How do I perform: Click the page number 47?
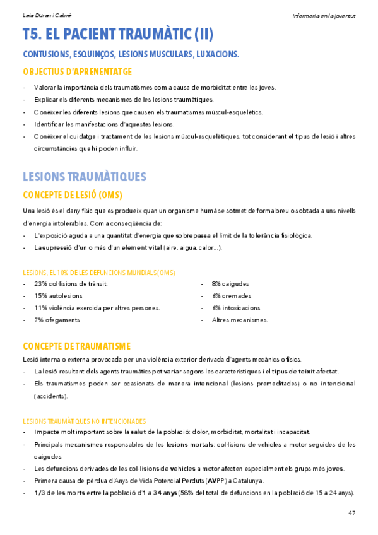(351, 512)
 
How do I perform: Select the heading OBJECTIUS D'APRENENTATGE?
(77, 72)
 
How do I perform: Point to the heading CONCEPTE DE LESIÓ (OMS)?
(72, 194)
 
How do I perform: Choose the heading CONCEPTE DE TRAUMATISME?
(76, 346)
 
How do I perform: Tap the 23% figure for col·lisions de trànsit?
(41, 284)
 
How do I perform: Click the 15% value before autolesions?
(41, 296)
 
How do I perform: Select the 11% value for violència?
(41, 308)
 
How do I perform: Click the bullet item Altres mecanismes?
(240, 320)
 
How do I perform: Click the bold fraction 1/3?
(40, 493)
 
